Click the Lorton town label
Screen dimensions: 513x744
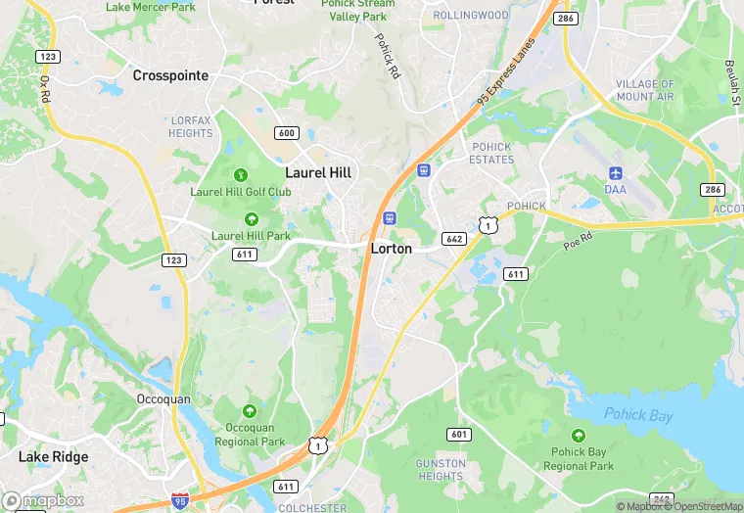391,249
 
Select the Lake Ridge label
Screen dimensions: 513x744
53,456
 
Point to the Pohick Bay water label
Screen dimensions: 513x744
638,415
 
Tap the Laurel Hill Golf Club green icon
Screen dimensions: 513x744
241,175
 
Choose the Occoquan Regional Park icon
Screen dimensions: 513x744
250,411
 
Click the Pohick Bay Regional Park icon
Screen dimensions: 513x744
579,435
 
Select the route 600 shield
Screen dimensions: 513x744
287,133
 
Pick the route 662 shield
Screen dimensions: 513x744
453,238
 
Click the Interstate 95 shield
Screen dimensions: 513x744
179,500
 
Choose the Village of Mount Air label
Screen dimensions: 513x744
645,91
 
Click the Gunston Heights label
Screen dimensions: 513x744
440,469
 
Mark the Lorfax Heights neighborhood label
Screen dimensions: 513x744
190,126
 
